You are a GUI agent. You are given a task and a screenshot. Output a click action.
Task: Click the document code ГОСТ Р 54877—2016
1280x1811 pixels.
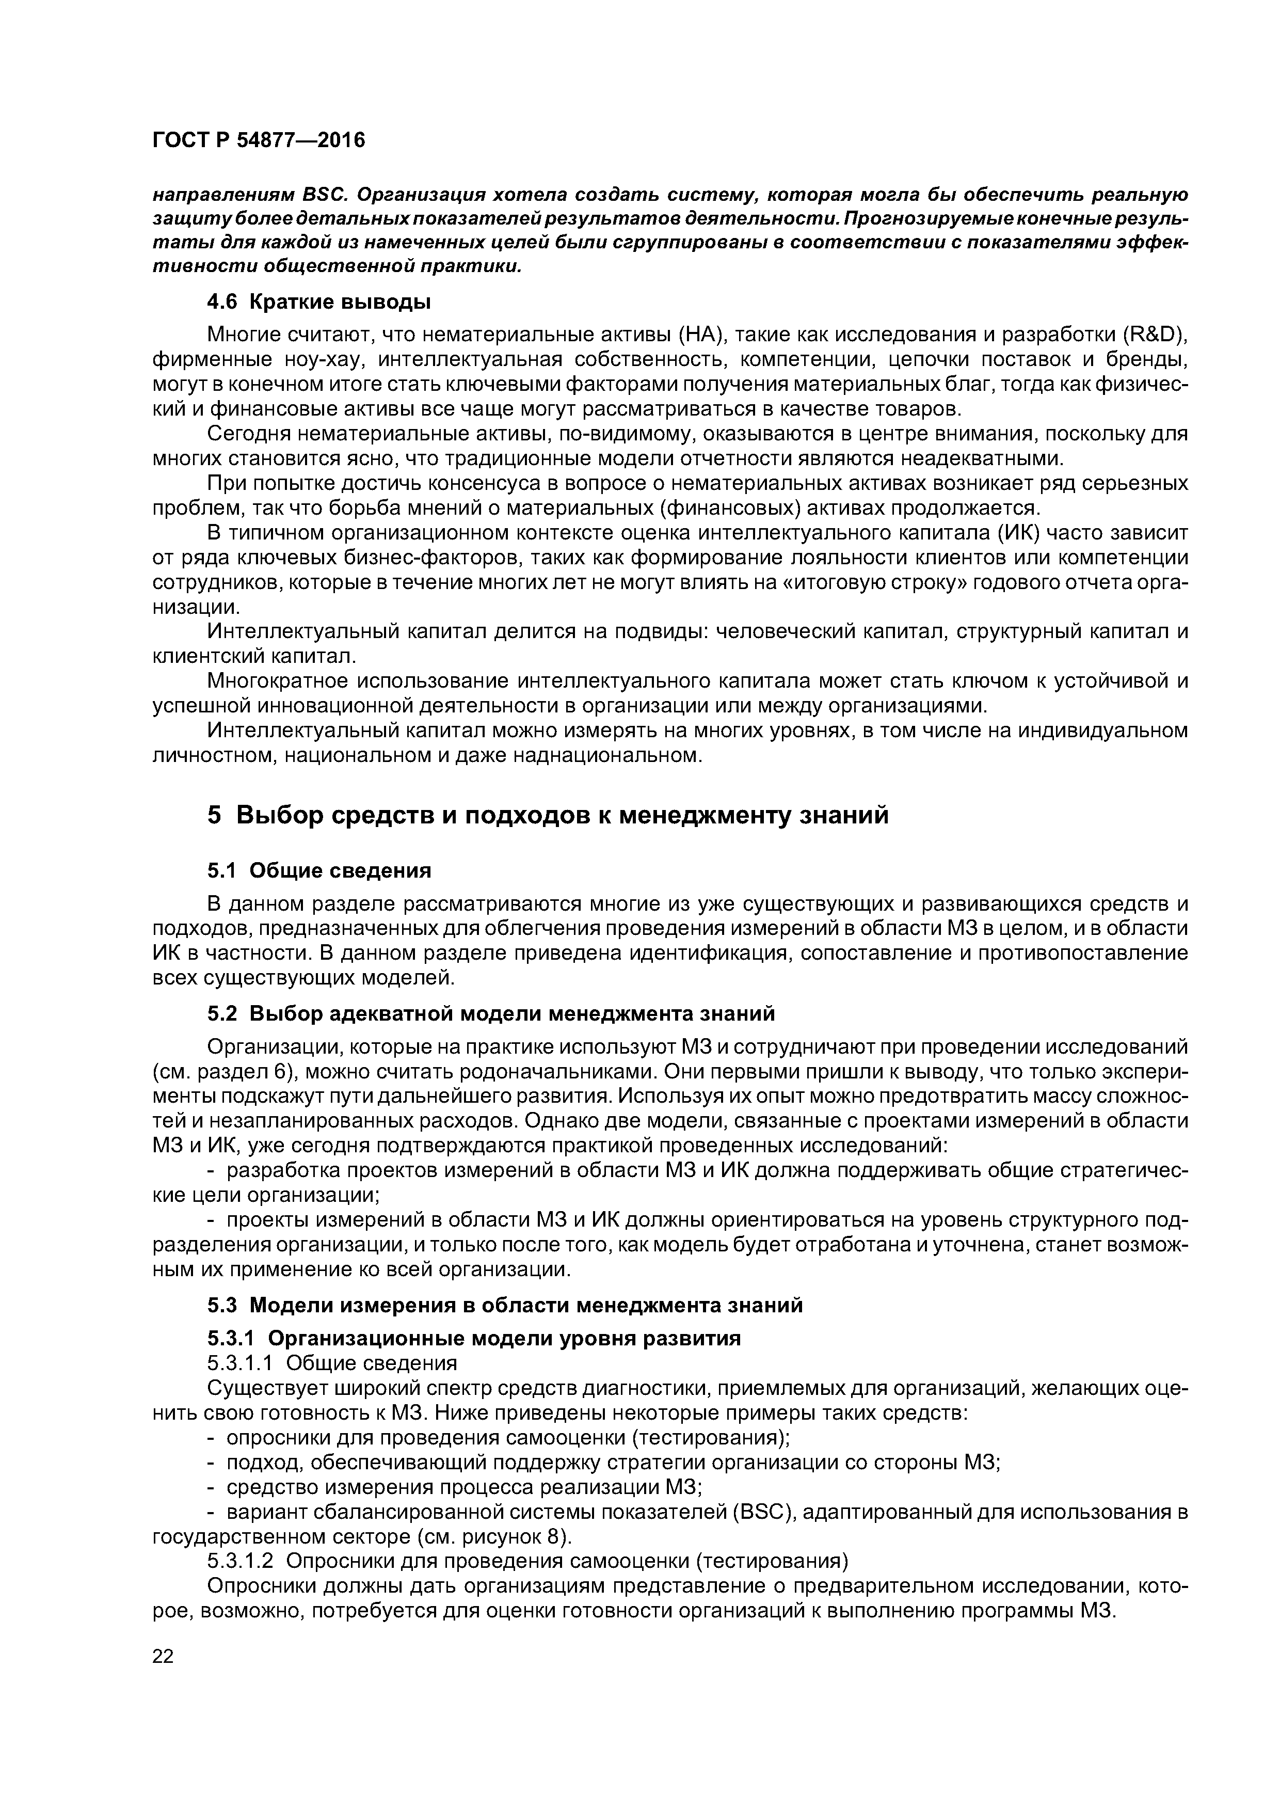[x=259, y=140]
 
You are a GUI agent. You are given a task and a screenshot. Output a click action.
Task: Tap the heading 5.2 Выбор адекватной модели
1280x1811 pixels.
[x=490, y=1013]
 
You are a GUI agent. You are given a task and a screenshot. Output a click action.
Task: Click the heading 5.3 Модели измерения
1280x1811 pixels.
[x=505, y=1306]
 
